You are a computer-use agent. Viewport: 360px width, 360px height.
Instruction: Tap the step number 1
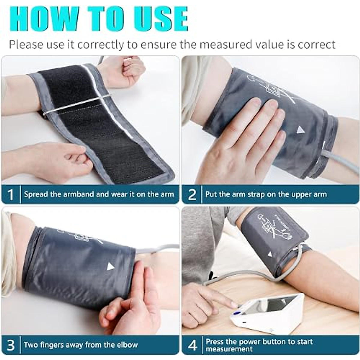coord(11,194)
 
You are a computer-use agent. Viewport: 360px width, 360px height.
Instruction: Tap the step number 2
coord(192,194)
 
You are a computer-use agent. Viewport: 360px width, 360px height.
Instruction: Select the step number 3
coord(11,345)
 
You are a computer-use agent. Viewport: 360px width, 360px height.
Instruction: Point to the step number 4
coord(192,345)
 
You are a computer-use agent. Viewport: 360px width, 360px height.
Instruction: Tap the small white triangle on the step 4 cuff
coord(270,255)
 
